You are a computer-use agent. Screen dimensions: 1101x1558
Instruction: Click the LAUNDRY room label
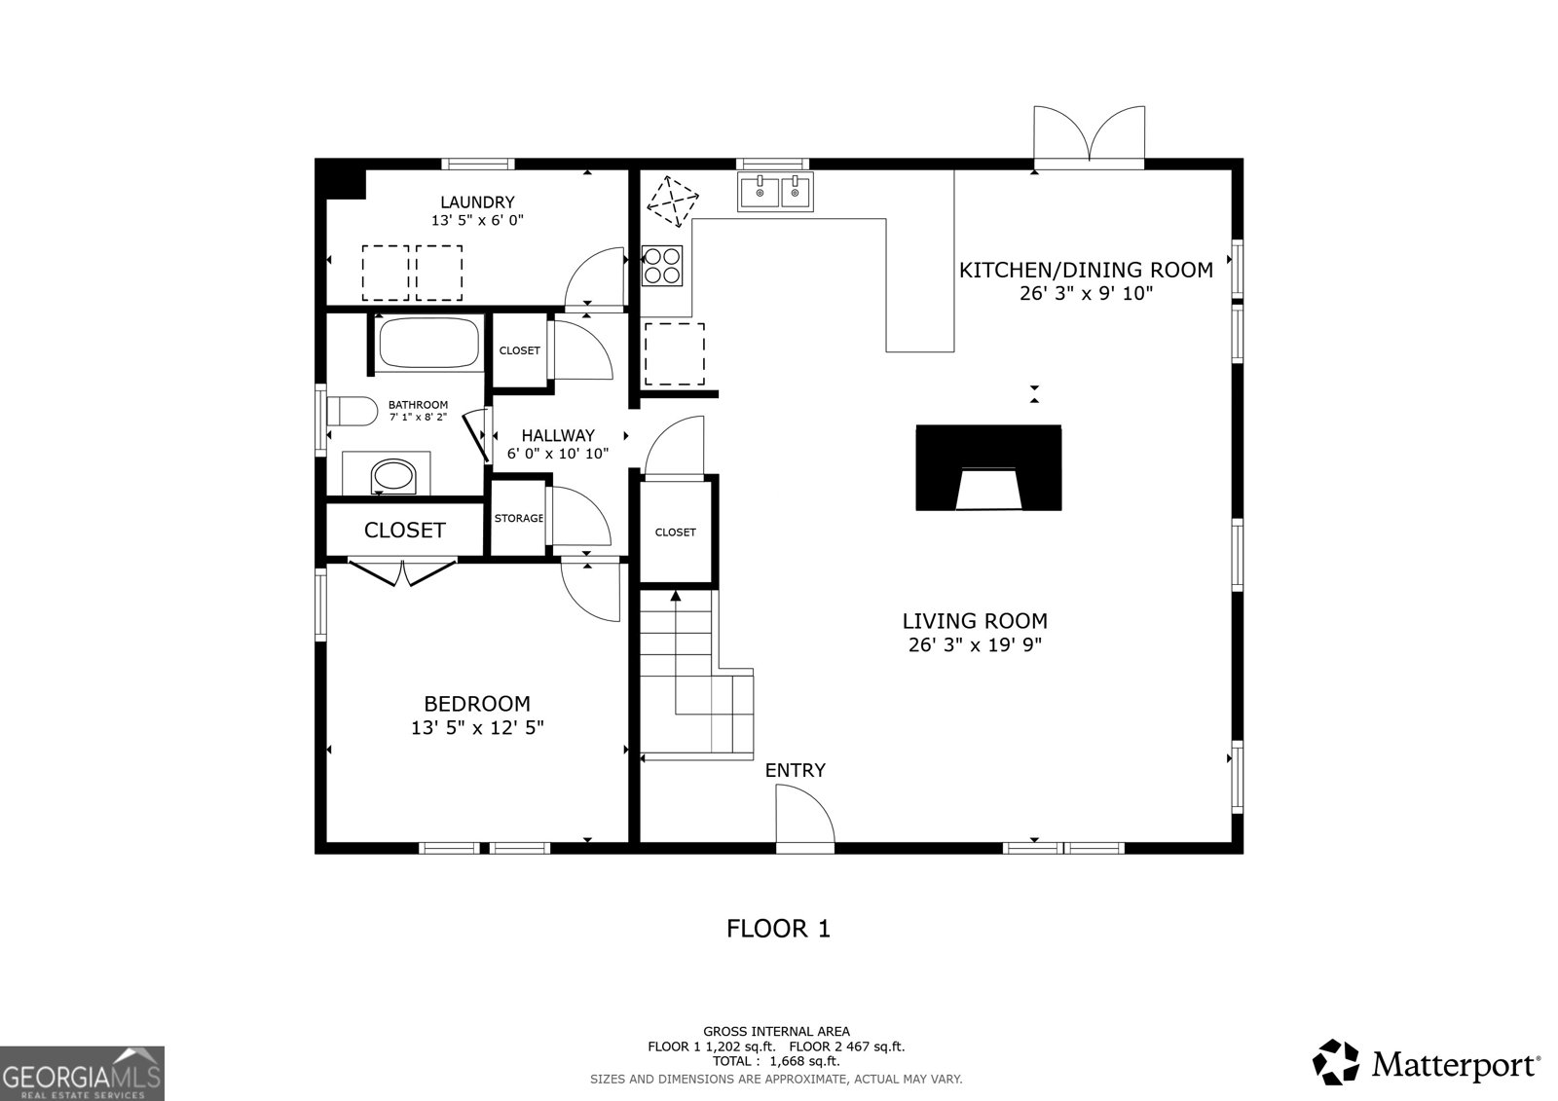[477, 202]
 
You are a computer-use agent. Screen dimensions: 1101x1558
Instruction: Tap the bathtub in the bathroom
[429, 342]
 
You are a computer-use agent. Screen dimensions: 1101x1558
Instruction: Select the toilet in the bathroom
[352, 412]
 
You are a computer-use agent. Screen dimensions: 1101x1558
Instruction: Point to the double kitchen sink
[776, 193]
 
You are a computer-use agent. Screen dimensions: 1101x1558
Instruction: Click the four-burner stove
[662, 265]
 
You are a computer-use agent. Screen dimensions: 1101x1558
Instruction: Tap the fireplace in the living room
[987, 468]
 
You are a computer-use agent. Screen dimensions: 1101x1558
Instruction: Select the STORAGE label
[518, 518]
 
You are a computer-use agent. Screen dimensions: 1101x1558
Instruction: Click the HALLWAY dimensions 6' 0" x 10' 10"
[558, 454]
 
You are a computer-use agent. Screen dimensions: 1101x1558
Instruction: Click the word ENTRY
[795, 771]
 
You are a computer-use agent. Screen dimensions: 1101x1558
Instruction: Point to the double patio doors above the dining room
[1089, 135]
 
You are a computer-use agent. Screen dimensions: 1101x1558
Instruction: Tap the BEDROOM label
[477, 704]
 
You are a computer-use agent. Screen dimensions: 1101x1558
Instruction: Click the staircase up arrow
[675, 596]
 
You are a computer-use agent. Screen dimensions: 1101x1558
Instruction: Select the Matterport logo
[1427, 1063]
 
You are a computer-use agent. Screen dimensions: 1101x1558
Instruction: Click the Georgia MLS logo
[82, 1074]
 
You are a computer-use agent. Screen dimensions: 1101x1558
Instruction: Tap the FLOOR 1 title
[778, 929]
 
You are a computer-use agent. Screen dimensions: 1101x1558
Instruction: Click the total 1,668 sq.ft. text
[776, 1061]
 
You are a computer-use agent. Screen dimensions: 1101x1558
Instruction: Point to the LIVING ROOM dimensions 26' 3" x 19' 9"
[975, 644]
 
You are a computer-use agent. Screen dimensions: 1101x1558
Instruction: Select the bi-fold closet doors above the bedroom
[402, 571]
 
